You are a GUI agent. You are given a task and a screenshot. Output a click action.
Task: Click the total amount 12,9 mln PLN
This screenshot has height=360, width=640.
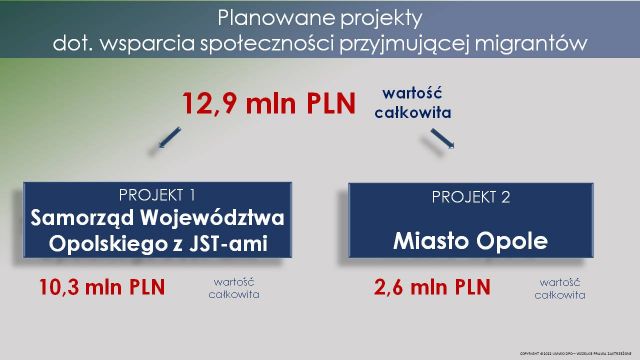[x=268, y=102]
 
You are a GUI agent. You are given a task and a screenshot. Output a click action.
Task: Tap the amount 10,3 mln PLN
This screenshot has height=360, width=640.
[x=101, y=288]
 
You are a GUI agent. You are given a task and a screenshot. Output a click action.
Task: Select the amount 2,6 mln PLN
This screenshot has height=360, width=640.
[x=432, y=288]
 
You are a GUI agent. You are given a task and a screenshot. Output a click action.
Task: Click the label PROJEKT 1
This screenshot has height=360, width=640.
[x=157, y=194]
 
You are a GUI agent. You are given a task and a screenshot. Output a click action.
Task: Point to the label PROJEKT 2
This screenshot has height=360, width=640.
[x=470, y=197]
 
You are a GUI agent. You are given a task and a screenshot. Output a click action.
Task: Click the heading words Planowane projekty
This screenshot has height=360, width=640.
[x=320, y=18]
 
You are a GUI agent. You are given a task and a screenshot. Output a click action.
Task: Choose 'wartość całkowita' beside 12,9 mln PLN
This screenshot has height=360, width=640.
[x=411, y=103]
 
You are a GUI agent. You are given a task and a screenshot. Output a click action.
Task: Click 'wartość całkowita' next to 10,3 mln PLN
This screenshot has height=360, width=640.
[x=235, y=288]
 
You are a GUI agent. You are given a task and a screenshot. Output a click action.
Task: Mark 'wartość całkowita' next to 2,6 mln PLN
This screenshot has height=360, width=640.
[x=560, y=288]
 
